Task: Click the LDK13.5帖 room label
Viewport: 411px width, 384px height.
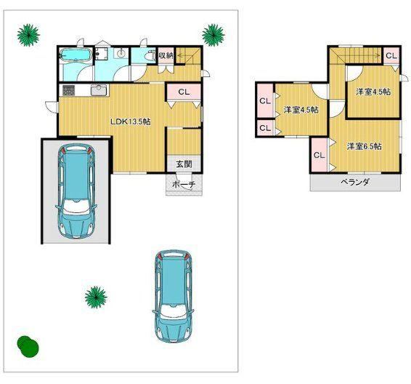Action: [130, 121]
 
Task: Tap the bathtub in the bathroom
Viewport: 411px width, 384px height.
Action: [76, 56]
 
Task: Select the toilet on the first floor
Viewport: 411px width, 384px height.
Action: [150, 55]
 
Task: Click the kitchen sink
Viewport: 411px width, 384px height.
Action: [99, 90]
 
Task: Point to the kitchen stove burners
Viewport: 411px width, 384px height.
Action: [69, 90]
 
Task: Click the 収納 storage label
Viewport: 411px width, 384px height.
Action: [166, 55]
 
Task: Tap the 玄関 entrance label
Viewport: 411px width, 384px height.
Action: [184, 164]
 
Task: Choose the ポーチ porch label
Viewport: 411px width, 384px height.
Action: [184, 185]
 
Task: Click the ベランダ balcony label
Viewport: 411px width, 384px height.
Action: [355, 182]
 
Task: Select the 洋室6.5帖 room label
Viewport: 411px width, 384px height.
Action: [365, 146]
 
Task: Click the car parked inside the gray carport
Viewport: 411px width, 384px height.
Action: [76, 192]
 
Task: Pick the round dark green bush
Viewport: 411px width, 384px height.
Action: [28, 346]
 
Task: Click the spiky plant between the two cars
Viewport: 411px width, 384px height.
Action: [96, 297]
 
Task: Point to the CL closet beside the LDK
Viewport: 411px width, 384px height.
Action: [184, 92]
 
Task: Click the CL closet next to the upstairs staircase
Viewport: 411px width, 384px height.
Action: [391, 56]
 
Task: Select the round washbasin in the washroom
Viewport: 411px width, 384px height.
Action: [121, 54]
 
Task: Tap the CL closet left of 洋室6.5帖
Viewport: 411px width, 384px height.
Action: [319, 155]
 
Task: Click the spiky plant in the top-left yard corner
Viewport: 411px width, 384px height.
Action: [28, 35]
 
